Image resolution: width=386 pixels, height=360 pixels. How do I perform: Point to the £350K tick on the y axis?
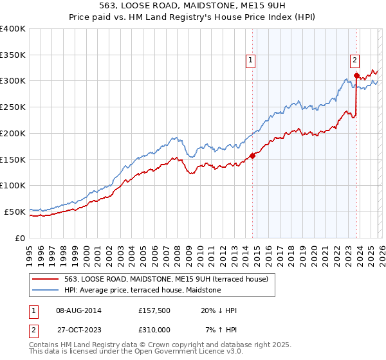coord(13,55)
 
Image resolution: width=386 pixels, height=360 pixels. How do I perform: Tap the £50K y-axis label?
coord(15,212)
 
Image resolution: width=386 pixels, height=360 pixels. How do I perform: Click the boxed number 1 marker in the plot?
coord(250,61)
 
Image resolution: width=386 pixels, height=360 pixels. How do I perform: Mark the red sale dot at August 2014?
coord(253,155)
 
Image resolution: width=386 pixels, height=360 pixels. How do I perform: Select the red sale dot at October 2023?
coord(356,75)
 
